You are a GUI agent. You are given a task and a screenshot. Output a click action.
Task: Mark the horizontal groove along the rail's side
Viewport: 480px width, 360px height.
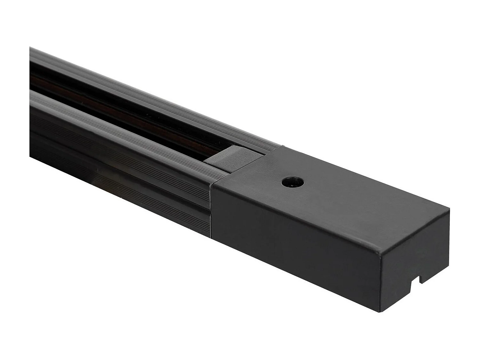tap(122, 179)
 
